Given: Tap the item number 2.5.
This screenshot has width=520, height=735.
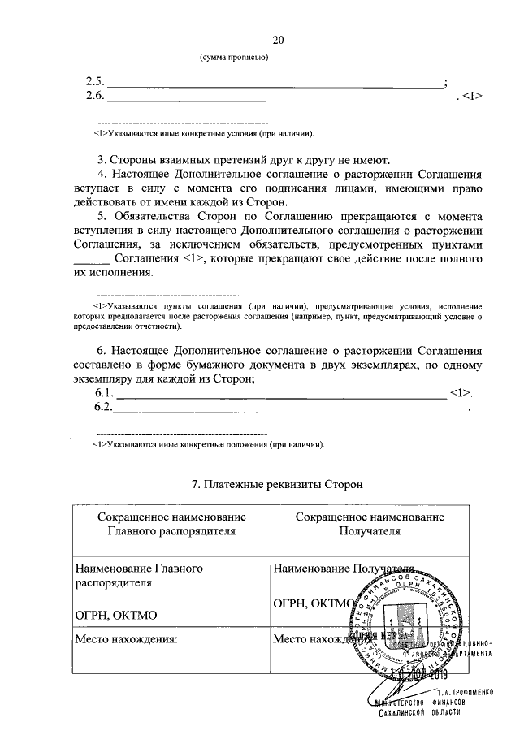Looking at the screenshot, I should point(96,81).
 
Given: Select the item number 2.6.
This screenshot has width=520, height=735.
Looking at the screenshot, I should point(96,96).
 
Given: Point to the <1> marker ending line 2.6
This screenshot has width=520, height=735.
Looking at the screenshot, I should point(473,96).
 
